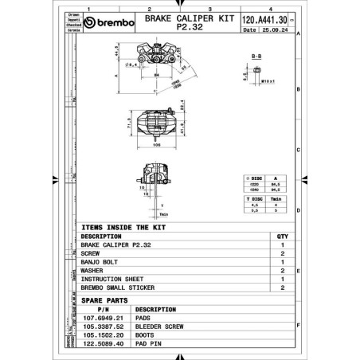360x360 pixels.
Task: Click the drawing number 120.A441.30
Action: [263, 20]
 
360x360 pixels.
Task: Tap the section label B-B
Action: [256, 57]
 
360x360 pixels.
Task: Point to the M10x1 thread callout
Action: [267, 81]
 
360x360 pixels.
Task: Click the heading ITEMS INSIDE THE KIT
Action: [123, 227]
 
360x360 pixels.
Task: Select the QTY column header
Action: [281, 237]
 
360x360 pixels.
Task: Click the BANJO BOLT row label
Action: [100, 260]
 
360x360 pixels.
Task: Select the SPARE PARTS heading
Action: [104, 299]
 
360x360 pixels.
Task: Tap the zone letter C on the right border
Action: [296, 151]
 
